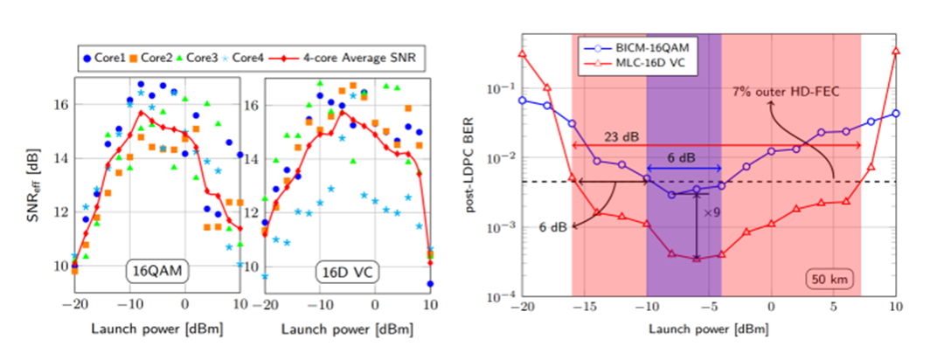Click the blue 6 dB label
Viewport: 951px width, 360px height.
683,157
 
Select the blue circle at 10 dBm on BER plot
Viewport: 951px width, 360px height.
895,114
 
